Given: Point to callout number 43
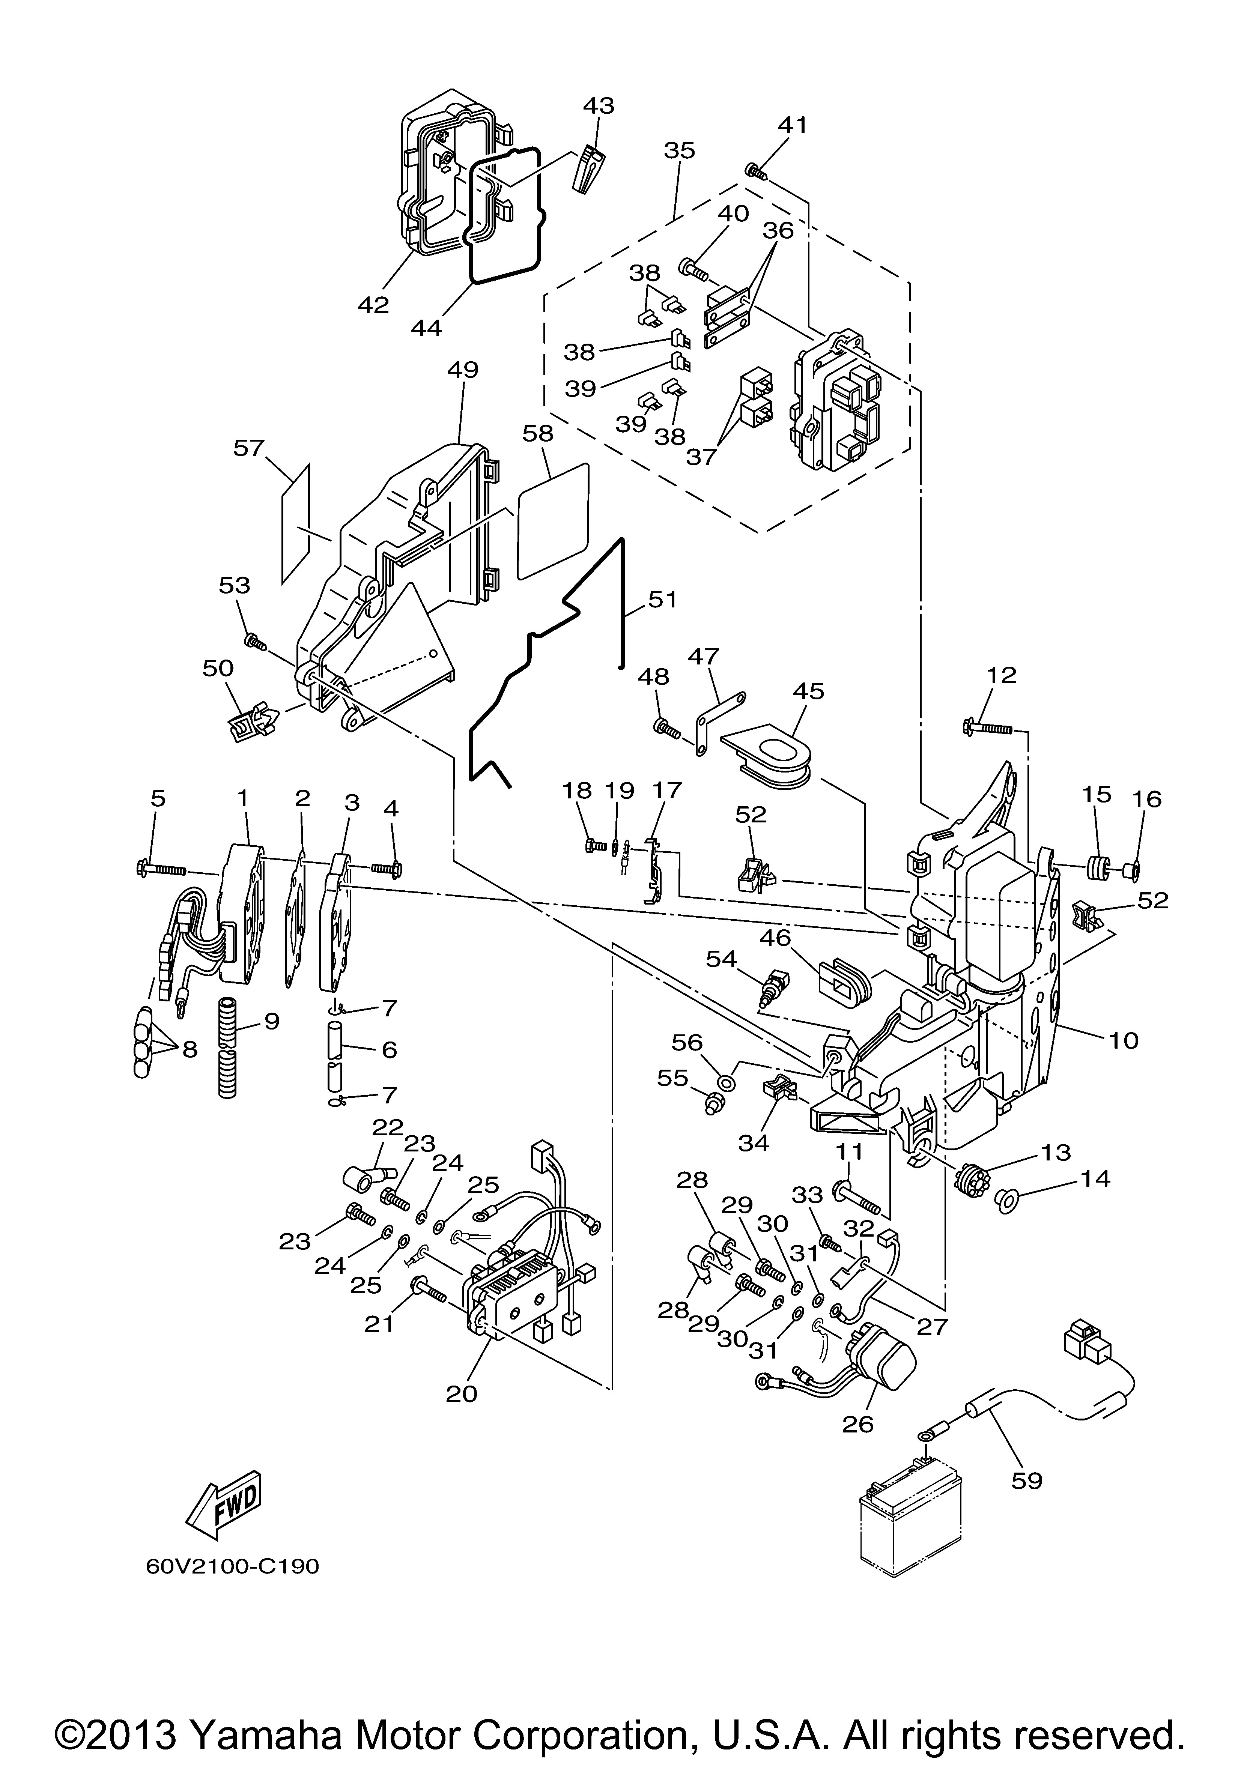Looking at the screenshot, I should (599, 105).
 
